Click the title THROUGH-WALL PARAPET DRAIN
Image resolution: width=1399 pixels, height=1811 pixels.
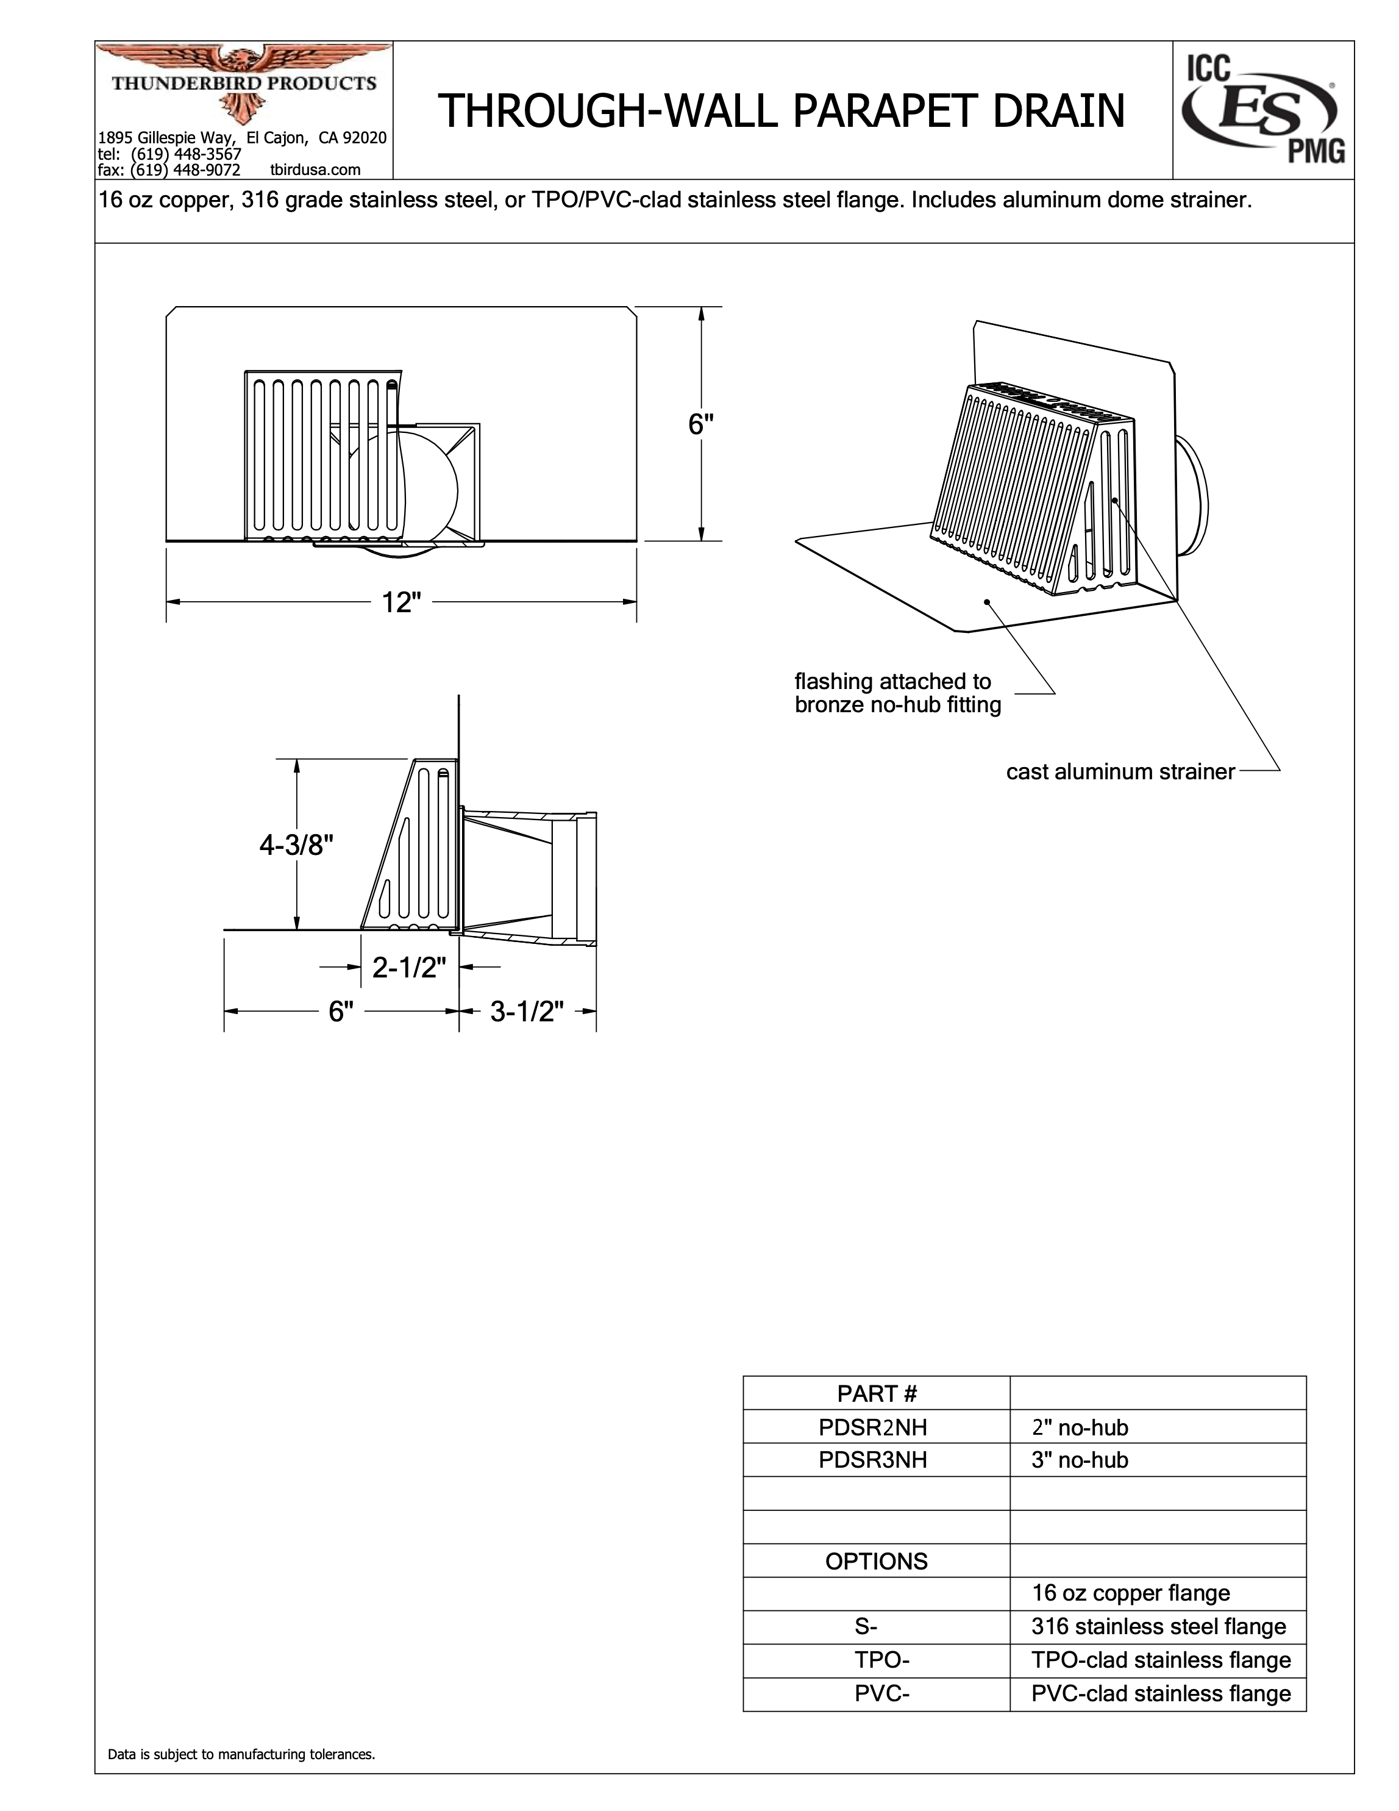(x=781, y=111)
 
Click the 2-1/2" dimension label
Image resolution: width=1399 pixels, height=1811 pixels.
(x=410, y=967)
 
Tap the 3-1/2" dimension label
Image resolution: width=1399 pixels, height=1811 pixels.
(x=527, y=1012)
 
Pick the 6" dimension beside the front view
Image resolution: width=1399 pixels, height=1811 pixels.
(x=701, y=424)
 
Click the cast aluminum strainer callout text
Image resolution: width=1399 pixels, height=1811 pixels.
(x=1120, y=772)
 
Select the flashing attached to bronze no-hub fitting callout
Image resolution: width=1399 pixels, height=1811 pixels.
(x=897, y=693)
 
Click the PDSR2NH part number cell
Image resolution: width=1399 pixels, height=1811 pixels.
(x=873, y=1427)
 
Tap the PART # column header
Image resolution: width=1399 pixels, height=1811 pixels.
(x=877, y=1393)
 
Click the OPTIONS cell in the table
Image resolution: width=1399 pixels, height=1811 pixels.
(x=876, y=1562)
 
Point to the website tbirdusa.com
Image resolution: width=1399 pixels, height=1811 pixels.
(x=316, y=170)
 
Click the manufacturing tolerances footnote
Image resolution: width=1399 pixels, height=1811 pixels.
(x=241, y=1755)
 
